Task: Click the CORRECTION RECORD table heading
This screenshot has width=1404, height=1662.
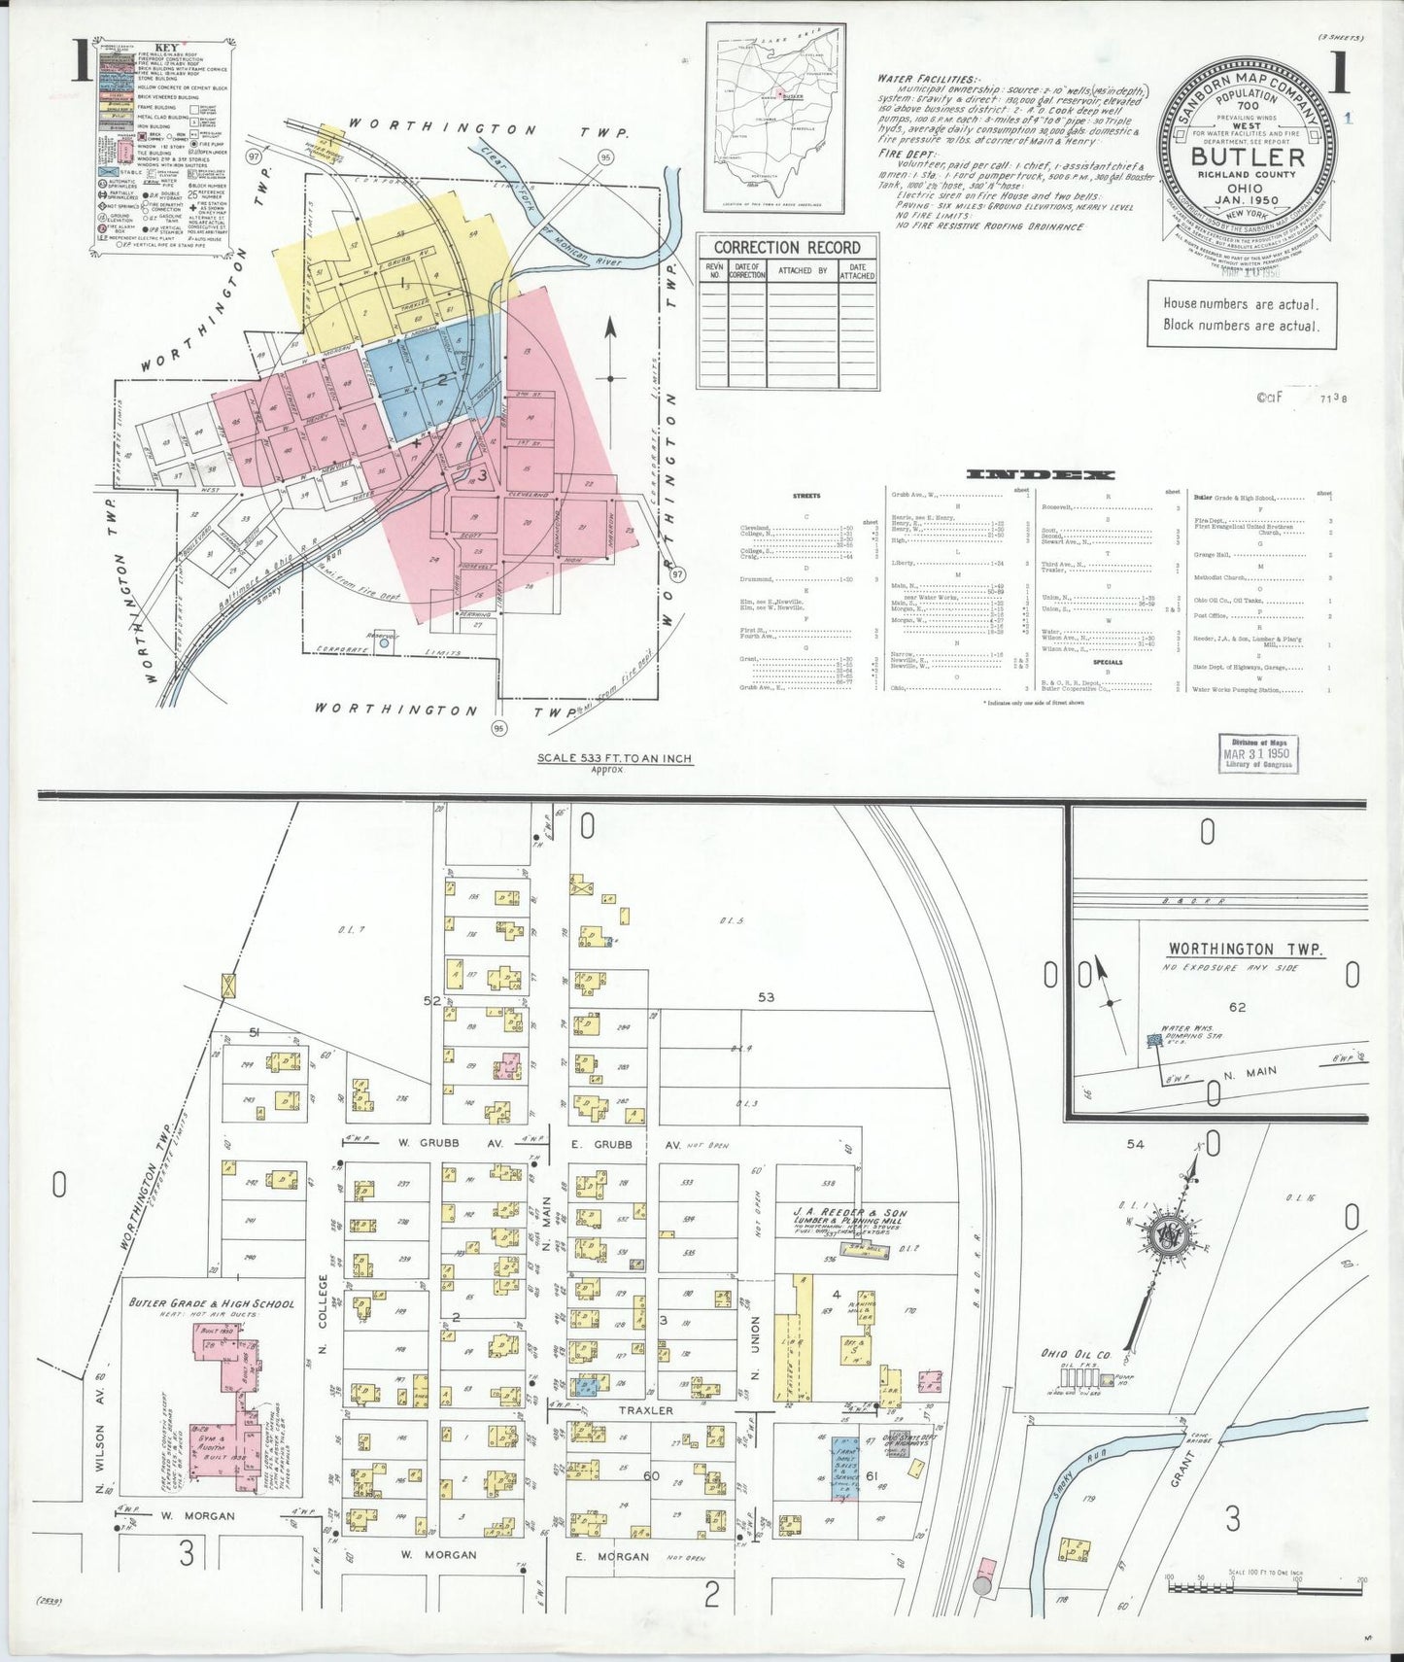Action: tap(787, 247)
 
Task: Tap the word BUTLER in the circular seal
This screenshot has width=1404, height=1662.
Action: tap(1248, 157)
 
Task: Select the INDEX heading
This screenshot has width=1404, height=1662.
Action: tap(1040, 474)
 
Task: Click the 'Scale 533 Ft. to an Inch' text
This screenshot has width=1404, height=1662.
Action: tap(615, 758)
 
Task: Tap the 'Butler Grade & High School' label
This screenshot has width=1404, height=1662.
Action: tap(211, 1303)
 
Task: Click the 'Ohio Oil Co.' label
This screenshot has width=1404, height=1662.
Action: tap(1075, 1354)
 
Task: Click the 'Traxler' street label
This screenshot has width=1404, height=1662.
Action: tap(645, 1410)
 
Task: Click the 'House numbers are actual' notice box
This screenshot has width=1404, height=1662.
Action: tap(1241, 315)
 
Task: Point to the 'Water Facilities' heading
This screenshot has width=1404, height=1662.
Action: tap(928, 79)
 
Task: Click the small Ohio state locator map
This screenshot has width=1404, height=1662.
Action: tap(774, 118)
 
